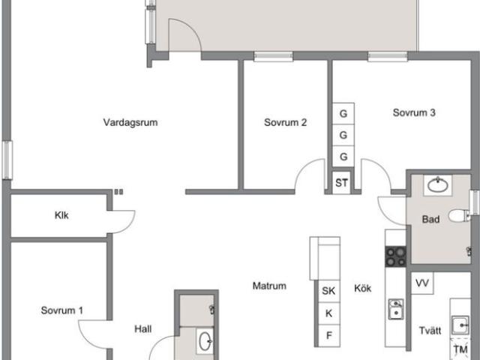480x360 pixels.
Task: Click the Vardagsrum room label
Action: (130, 122)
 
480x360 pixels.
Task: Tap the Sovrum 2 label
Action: (285, 122)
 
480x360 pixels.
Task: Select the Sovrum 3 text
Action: (414, 113)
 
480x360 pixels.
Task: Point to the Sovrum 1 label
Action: (62, 310)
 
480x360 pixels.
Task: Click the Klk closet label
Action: (61, 216)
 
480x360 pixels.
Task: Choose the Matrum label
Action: (269, 286)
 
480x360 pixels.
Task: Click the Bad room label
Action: (430, 220)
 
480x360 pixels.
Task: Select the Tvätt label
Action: (430, 330)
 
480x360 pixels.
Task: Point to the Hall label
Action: (143, 328)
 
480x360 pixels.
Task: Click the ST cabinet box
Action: (342, 182)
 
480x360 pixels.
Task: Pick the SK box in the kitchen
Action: (328, 291)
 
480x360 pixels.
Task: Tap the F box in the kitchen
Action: (328, 334)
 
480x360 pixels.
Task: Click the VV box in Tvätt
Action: (421, 283)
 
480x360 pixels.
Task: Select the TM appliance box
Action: (460, 349)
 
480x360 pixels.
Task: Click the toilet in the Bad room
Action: (458, 217)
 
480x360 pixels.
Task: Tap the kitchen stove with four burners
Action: (395, 256)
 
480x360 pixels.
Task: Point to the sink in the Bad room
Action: (435, 184)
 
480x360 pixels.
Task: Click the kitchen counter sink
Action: (394, 309)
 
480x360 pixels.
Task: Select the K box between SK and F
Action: (328, 313)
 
